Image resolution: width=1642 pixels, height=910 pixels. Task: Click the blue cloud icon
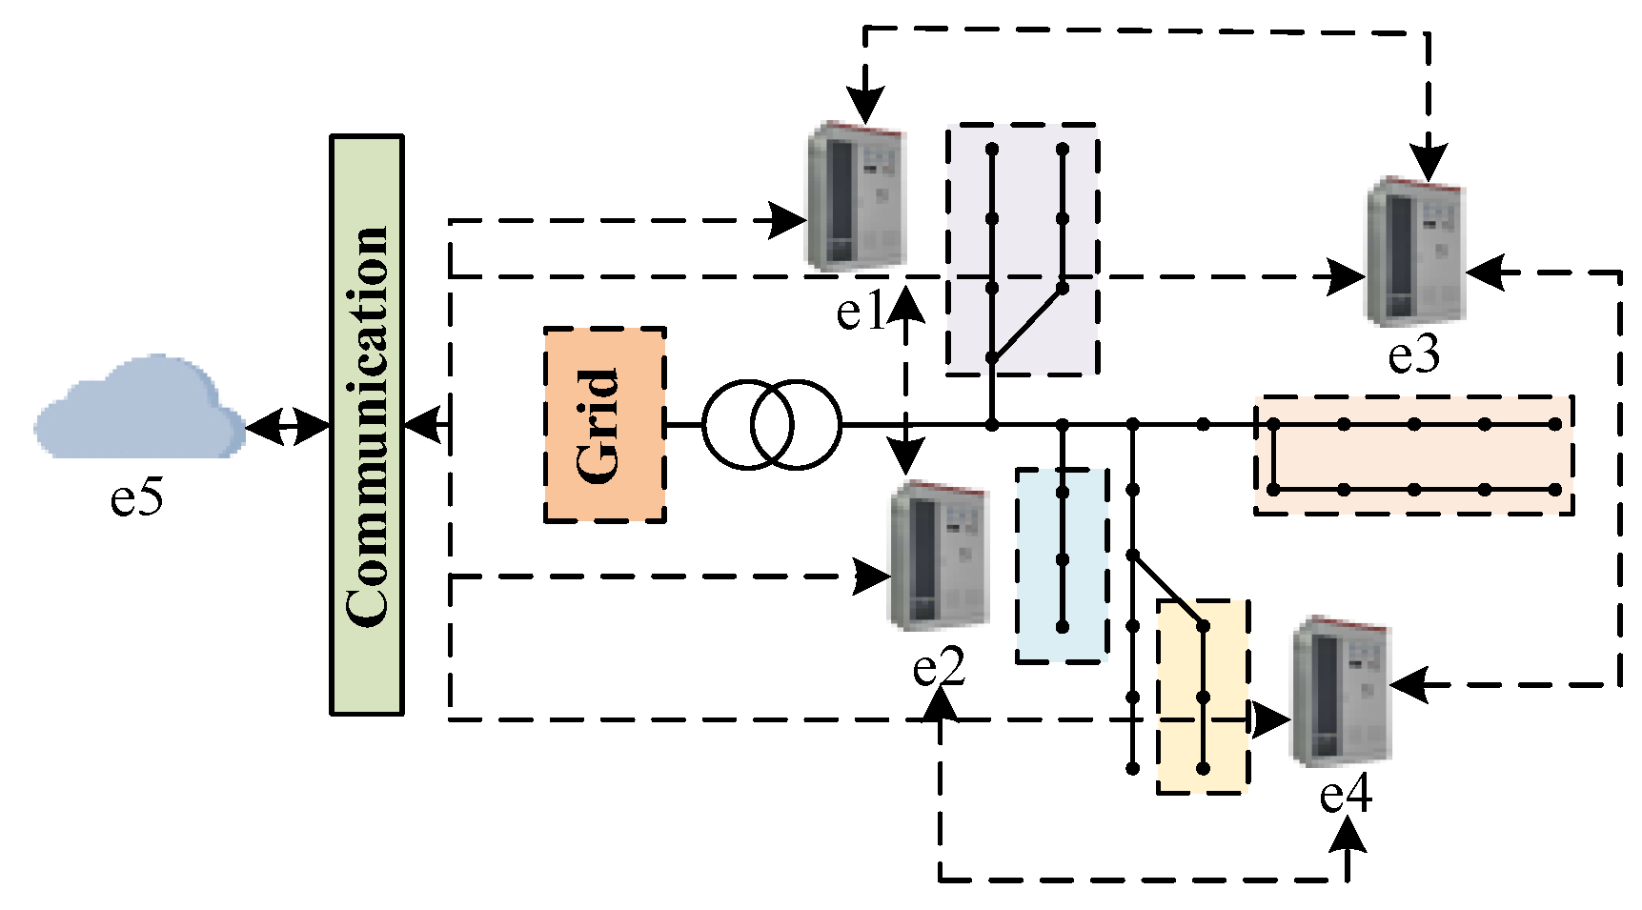coord(141,408)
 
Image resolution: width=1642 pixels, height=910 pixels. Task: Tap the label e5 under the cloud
coord(136,496)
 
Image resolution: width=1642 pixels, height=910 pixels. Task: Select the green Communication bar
coord(367,425)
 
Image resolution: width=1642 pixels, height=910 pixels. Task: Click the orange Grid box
coord(604,425)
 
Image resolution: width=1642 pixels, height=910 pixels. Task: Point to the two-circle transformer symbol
coord(772,425)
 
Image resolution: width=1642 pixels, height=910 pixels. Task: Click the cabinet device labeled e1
coord(856,197)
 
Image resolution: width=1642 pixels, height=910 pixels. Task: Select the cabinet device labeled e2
coord(937,556)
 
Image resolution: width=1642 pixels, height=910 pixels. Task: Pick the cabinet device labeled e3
coord(1415,252)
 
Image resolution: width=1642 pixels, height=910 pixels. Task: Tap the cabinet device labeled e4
coord(1340,691)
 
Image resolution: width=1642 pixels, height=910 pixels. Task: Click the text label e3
coord(1413,354)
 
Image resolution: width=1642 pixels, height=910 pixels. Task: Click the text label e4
coord(1345,794)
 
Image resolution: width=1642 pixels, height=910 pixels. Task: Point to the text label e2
coord(939,666)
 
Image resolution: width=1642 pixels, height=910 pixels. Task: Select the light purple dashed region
coord(1024,248)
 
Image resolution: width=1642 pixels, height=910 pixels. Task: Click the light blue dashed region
coord(1063,564)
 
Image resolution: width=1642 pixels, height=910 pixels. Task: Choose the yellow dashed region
coord(1203,696)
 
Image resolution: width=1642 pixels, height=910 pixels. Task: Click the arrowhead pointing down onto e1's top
coord(865,102)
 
